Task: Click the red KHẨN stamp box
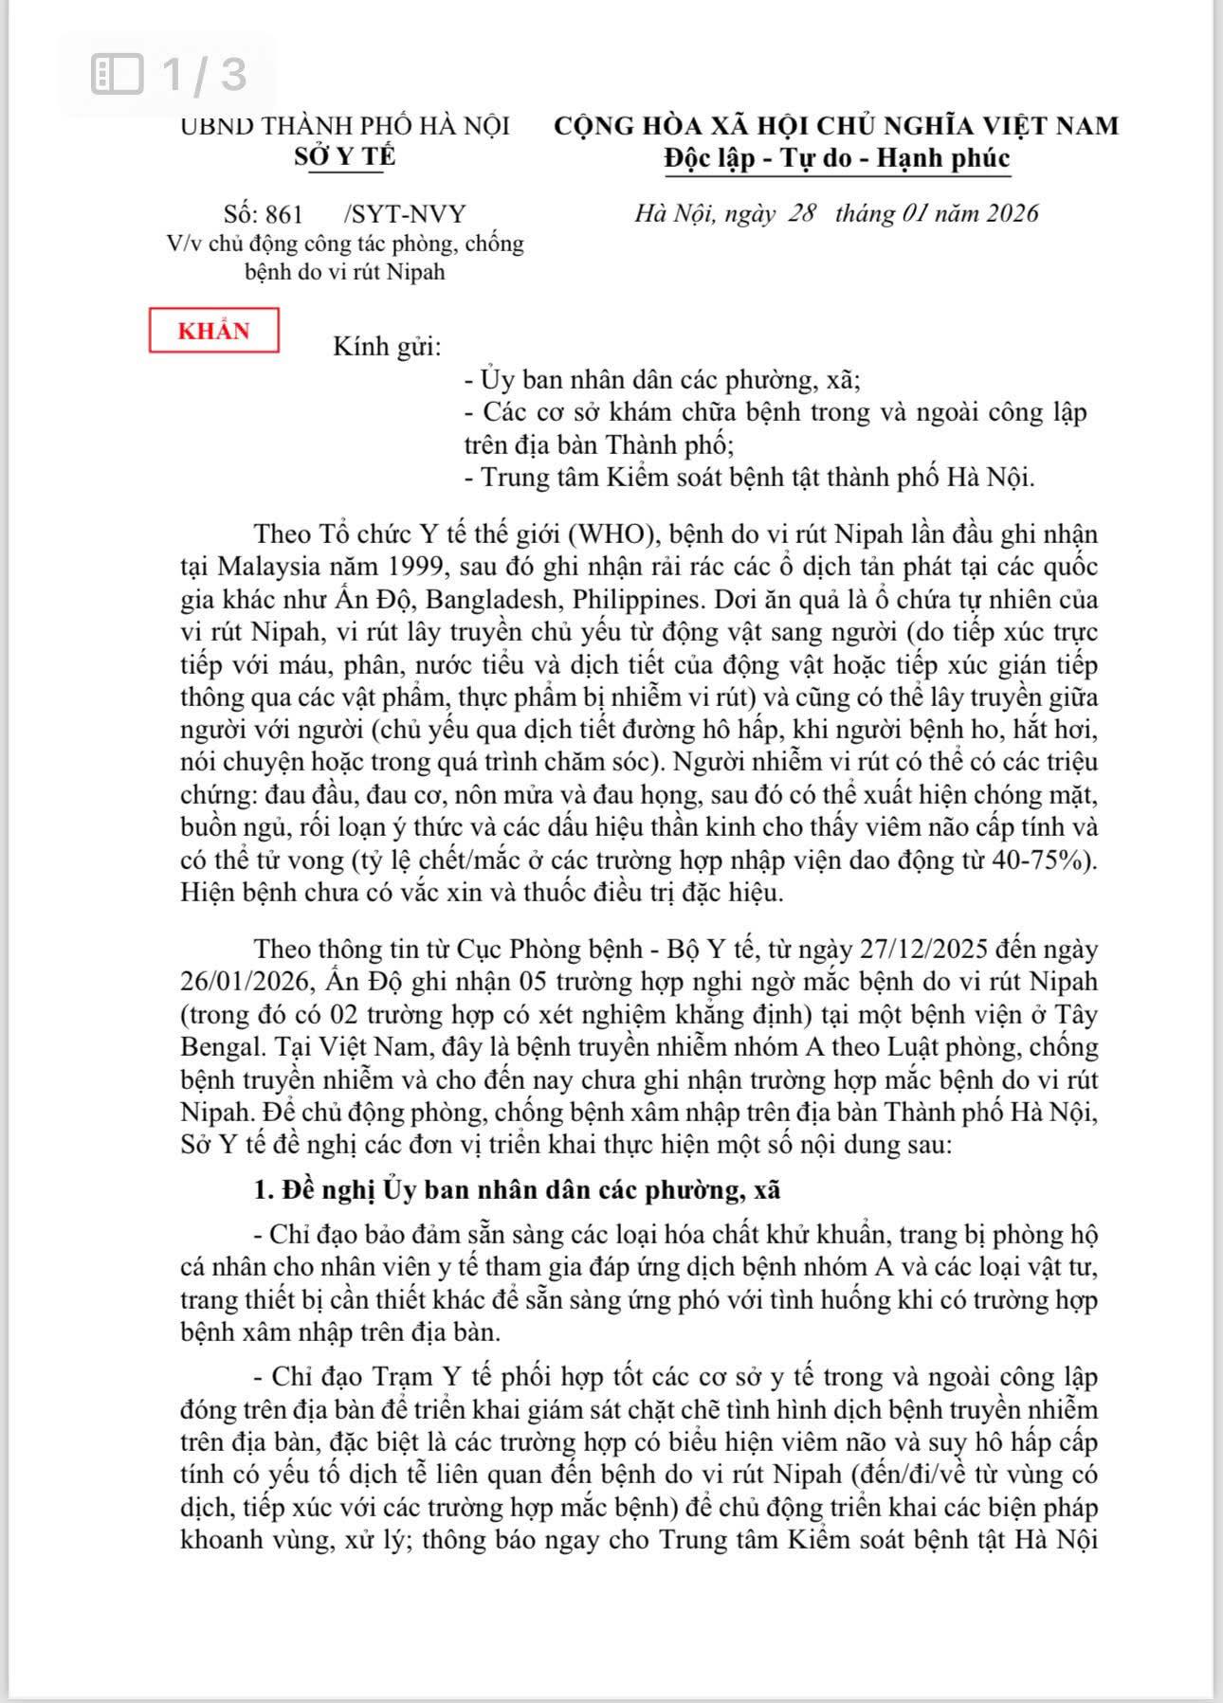point(214,331)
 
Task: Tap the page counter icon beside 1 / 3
point(117,74)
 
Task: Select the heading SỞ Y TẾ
point(344,157)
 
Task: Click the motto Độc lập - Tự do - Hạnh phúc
point(836,157)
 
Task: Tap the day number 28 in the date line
point(801,213)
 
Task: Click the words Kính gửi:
point(387,347)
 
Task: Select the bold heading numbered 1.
point(517,1190)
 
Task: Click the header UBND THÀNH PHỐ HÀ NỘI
point(345,126)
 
